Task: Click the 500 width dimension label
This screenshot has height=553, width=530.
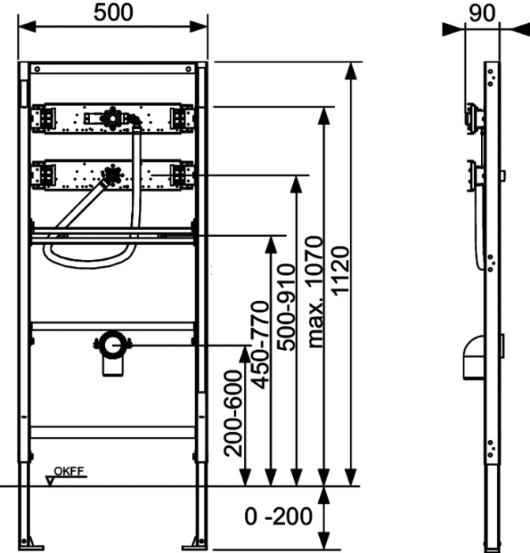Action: [113, 13]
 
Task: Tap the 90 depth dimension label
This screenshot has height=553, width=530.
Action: [482, 13]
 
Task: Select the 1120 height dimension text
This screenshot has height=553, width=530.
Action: [341, 271]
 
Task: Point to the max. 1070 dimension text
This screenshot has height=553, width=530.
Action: [315, 292]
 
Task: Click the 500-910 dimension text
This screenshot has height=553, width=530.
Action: [286, 307]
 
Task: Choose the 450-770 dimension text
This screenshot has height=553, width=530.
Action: [261, 345]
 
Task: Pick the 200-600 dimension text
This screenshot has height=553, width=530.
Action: [234, 413]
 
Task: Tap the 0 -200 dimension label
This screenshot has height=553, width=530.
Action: [279, 517]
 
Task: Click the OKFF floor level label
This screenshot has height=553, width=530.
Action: [69, 471]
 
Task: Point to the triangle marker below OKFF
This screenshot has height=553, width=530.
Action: [50, 481]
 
